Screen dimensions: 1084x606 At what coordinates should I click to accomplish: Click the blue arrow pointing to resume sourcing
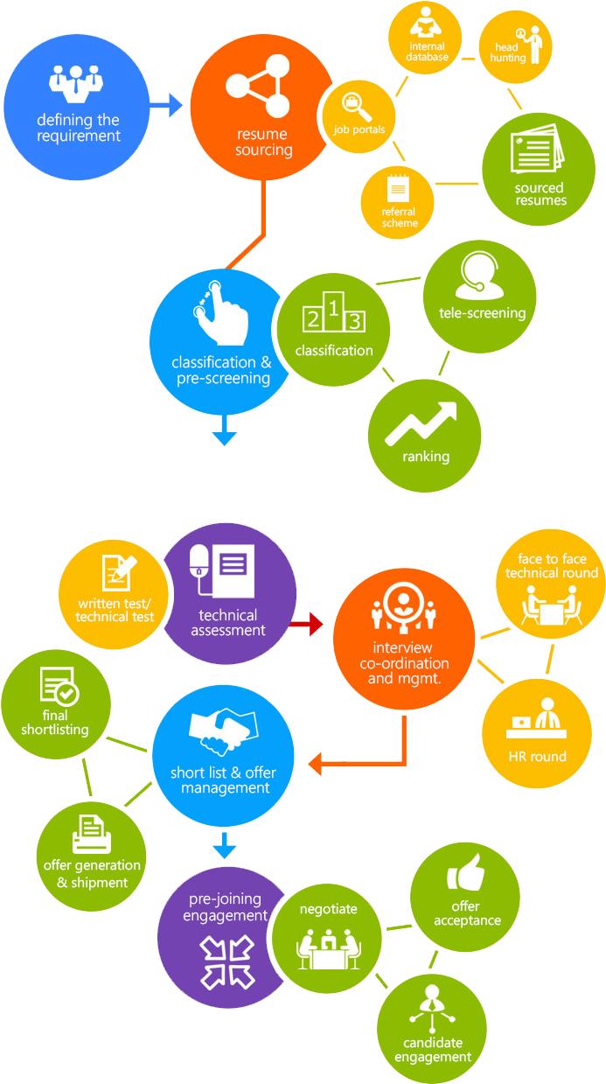166,106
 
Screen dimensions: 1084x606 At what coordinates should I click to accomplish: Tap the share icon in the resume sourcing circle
257,86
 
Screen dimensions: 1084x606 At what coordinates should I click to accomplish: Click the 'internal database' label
427,52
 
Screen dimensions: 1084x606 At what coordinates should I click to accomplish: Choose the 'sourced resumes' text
540,194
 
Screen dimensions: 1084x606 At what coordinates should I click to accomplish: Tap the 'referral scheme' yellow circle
399,201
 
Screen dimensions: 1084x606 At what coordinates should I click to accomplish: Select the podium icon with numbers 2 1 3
332,315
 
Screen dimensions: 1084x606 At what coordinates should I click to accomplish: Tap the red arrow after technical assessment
306,624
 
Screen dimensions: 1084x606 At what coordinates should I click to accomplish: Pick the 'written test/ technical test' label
115,610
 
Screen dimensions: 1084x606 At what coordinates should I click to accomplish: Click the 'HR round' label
537,757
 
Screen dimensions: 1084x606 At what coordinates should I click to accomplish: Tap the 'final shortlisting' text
55,723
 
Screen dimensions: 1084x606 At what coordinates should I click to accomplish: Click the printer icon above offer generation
92,835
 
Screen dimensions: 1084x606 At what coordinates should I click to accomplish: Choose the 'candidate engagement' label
432,1050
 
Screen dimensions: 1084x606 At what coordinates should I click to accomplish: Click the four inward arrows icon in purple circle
226,960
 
